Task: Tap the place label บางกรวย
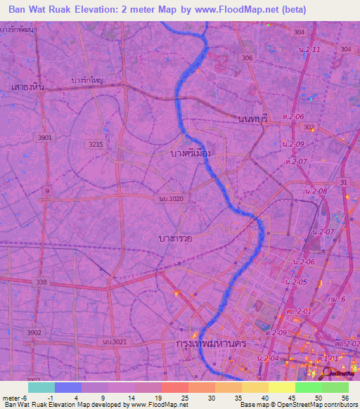pyautogui.click(x=175, y=239)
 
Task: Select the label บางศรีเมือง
pyautogui.click(x=191, y=152)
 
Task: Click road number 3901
pyautogui.click(x=46, y=138)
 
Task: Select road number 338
pyautogui.click(x=42, y=282)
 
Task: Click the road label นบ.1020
pyautogui.click(x=171, y=199)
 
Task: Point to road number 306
pyautogui.click(x=246, y=58)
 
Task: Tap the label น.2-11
pyautogui.click(x=309, y=49)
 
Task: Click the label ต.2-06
pyautogui.click(x=294, y=116)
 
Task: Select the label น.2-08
pyautogui.click(x=317, y=191)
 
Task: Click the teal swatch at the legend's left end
pyautogui.click(x=41, y=387)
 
